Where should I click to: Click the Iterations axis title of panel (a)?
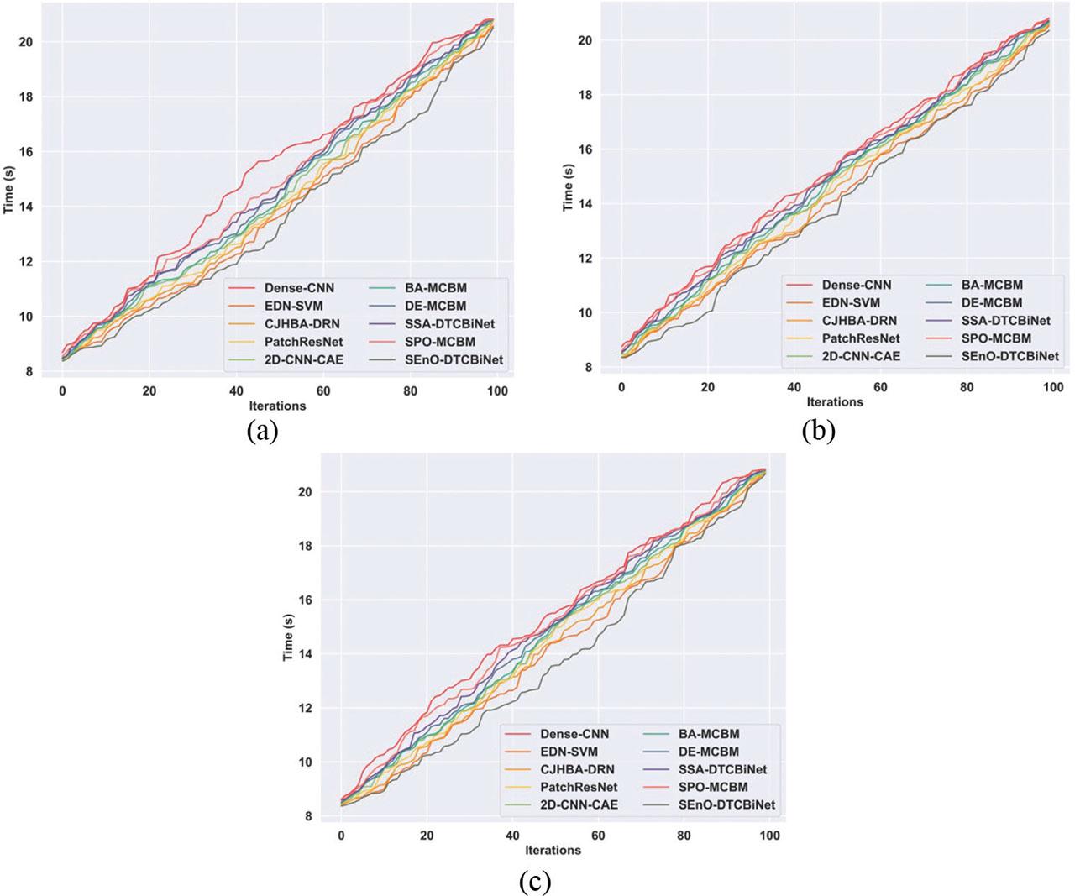[x=278, y=406]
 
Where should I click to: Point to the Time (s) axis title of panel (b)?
[x=569, y=186]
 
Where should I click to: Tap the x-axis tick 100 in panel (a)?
[x=497, y=390]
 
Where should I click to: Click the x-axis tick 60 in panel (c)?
[x=598, y=836]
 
